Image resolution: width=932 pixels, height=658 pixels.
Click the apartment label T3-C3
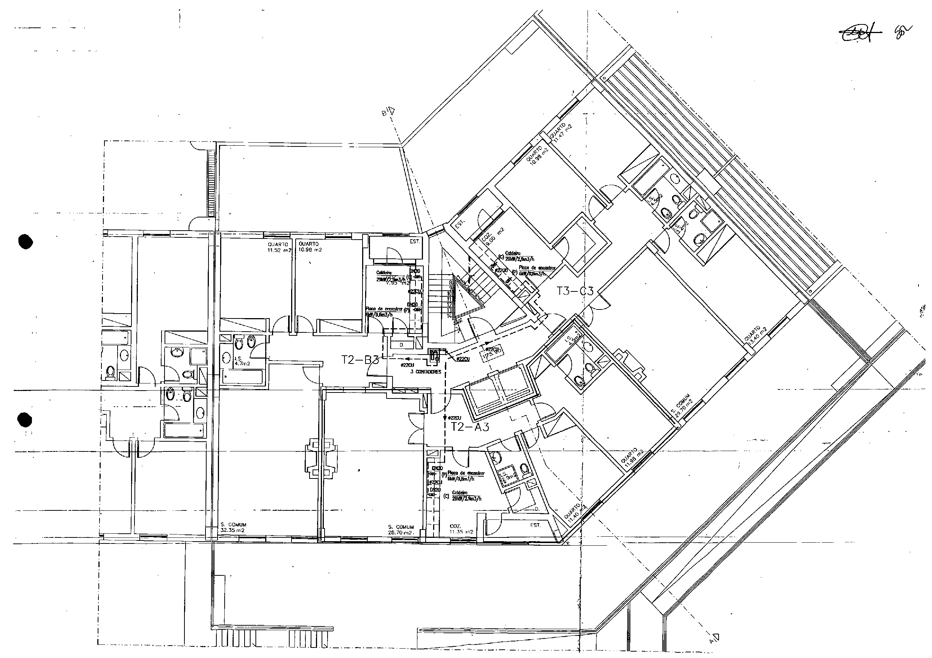click(x=575, y=291)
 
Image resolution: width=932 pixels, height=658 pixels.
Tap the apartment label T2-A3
click(x=470, y=427)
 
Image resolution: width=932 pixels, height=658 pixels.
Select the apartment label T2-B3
click(x=360, y=360)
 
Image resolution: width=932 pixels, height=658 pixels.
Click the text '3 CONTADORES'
click(x=425, y=372)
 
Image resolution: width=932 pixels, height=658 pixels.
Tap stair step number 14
click(x=449, y=316)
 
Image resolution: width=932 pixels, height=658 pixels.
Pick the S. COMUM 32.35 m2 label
click(x=233, y=527)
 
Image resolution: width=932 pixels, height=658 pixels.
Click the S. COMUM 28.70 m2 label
click(x=401, y=530)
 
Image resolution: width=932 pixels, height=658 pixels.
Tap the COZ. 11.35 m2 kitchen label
click(x=461, y=528)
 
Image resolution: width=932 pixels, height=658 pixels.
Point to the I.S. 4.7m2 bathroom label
click(x=242, y=361)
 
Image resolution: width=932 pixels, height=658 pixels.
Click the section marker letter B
click(x=384, y=114)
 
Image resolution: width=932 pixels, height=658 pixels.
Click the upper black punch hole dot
click(x=26, y=242)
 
